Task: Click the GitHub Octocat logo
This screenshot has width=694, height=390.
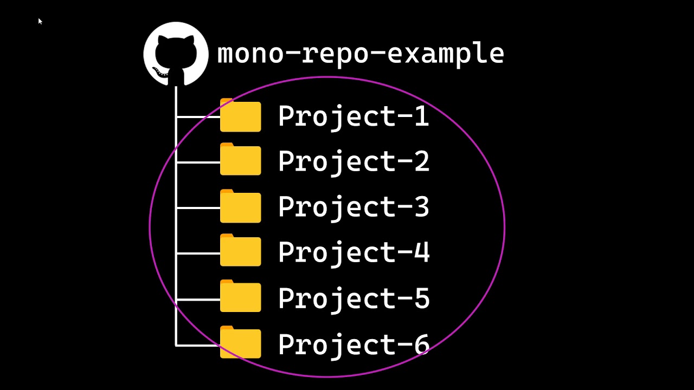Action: pyautogui.click(x=176, y=54)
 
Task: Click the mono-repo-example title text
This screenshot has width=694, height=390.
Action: pyautogui.click(x=361, y=54)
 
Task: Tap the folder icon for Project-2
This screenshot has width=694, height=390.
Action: pyautogui.click(x=241, y=161)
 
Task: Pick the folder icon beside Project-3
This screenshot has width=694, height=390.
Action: pyautogui.click(x=241, y=207)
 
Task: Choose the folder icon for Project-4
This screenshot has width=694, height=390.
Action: pyautogui.click(x=241, y=252)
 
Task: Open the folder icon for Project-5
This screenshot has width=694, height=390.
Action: pyautogui.click(x=241, y=298)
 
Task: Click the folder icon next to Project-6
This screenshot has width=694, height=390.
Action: pyautogui.click(x=241, y=343)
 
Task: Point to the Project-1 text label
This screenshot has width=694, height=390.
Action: pyautogui.click(x=354, y=116)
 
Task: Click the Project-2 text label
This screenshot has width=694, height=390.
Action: pyautogui.click(x=354, y=161)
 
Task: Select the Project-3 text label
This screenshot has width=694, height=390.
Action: pyautogui.click(x=354, y=207)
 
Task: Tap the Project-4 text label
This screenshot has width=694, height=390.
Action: pyautogui.click(x=354, y=252)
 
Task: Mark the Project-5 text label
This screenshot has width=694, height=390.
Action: pyautogui.click(x=354, y=298)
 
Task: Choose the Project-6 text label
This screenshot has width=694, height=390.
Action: pyautogui.click(x=354, y=344)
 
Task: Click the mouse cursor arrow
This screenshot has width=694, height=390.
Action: pyautogui.click(x=40, y=21)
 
